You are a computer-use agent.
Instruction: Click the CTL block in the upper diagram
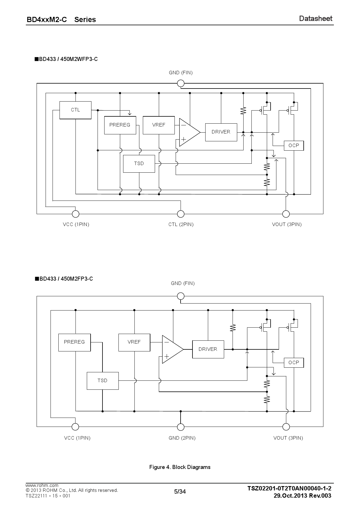tap(75, 110)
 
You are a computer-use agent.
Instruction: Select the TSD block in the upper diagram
tap(139, 164)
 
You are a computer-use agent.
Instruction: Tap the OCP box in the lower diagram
tap(294, 362)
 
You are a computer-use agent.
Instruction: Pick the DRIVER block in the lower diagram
tap(208, 349)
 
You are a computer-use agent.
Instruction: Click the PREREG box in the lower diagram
tap(74, 342)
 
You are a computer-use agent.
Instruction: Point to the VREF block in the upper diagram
tap(159, 125)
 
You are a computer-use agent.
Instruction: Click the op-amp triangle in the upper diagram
tap(188, 132)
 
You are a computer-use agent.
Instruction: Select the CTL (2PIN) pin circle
tap(181, 214)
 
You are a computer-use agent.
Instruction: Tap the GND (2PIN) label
tap(182, 438)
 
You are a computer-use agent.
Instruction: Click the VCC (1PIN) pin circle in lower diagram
tap(75, 427)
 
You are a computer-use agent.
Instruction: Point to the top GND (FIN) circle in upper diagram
tap(181, 84)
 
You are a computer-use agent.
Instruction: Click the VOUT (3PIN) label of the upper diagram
tap(287, 224)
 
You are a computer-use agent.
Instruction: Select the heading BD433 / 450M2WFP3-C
tap(66, 59)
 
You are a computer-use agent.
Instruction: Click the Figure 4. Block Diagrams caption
tap(180, 467)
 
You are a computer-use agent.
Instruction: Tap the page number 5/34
tap(180, 491)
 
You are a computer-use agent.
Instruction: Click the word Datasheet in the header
tap(316, 19)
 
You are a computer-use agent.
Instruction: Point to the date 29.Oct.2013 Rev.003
tap(302, 495)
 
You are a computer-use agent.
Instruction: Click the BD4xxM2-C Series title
tap(61, 19)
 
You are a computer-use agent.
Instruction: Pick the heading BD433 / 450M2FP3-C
tap(64, 279)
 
